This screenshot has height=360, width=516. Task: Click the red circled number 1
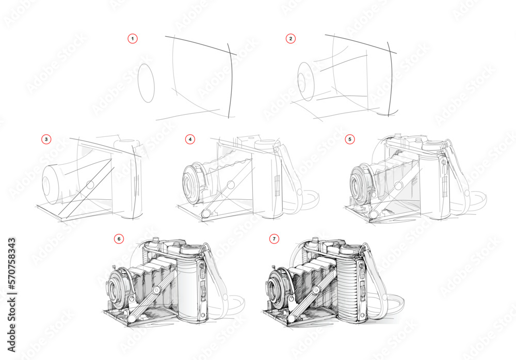click(133, 39)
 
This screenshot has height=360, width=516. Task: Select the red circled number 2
click(291, 39)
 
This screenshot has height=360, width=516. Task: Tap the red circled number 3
click(46, 139)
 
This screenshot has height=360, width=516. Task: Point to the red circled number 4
click(191, 139)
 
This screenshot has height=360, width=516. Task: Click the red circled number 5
click(350, 139)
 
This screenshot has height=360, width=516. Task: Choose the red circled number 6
click(119, 239)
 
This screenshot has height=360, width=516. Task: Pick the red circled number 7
click(274, 239)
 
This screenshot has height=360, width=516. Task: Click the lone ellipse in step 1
click(147, 83)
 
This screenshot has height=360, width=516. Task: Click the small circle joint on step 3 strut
click(90, 184)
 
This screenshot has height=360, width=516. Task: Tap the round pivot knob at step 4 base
click(206, 213)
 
